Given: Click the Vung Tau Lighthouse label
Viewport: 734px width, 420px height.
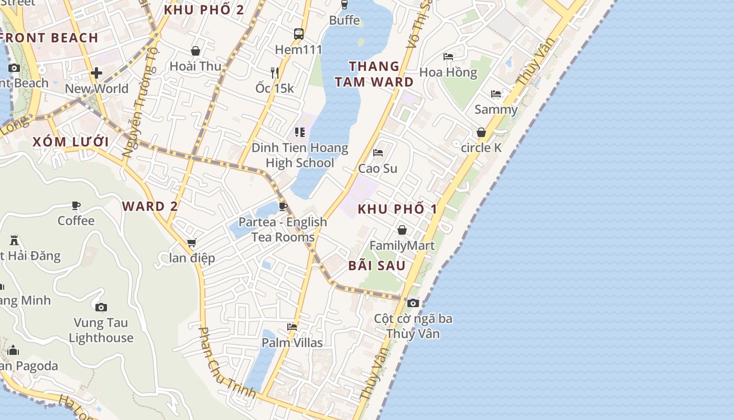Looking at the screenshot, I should click(x=101, y=330).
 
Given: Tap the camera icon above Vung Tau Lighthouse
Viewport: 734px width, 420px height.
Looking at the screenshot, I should click(x=101, y=307).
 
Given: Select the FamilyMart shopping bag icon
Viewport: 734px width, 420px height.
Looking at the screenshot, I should click(x=402, y=230).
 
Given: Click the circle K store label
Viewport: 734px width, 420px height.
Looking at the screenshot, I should click(x=481, y=148).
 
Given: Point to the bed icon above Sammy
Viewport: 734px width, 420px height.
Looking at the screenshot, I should click(x=495, y=94).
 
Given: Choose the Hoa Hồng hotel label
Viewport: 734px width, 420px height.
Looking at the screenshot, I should click(x=448, y=72).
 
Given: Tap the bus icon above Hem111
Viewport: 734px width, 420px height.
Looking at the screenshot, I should click(x=299, y=34).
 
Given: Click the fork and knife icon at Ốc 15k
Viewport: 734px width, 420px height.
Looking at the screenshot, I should click(x=275, y=72).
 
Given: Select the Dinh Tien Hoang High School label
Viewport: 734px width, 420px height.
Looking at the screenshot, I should click(x=300, y=155).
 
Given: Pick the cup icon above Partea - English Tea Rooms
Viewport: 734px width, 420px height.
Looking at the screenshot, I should click(x=283, y=206).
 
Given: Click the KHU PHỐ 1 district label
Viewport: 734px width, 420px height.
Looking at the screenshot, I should click(x=397, y=209).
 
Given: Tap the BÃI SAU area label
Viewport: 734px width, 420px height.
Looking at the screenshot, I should click(x=377, y=266).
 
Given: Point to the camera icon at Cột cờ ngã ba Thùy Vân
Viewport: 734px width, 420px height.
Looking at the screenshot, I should click(x=413, y=303).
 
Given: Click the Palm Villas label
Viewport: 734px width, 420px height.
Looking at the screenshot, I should click(x=292, y=343).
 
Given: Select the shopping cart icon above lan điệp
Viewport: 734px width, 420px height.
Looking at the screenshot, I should click(x=191, y=243).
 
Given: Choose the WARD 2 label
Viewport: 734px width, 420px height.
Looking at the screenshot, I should click(x=150, y=206).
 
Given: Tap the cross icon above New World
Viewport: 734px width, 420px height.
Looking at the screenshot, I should click(x=96, y=73).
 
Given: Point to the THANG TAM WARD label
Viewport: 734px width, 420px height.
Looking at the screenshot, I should click(x=374, y=74).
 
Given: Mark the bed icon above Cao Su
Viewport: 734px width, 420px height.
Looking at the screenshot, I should click(x=377, y=153).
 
